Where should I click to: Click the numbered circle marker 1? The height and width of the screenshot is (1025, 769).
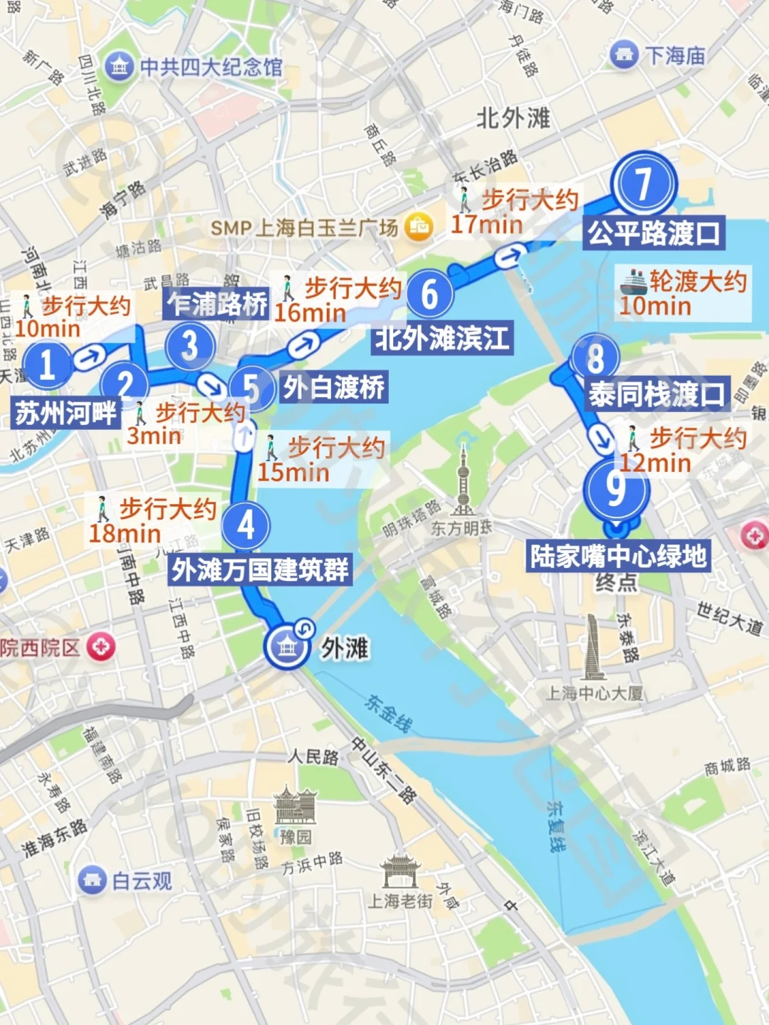(x=47, y=364)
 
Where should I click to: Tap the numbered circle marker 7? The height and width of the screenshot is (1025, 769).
(x=644, y=184)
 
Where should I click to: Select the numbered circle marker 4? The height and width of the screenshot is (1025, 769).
(x=246, y=525)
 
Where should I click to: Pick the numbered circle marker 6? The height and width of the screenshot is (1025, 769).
(x=429, y=294)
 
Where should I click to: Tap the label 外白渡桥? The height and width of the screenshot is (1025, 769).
(x=334, y=388)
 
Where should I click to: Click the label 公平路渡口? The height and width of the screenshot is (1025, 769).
(x=654, y=233)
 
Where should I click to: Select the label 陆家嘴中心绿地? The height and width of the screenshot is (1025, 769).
(x=618, y=556)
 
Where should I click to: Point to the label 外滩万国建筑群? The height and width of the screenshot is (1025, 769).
(x=261, y=570)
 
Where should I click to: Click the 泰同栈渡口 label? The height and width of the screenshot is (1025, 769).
(x=656, y=394)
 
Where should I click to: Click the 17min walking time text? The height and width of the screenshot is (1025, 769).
(x=486, y=225)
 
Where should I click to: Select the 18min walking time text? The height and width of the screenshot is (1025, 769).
(x=125, y=533)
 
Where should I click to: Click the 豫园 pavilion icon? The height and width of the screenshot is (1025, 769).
(x=295, y=806)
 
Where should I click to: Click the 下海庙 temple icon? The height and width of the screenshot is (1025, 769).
(x=624, y=55)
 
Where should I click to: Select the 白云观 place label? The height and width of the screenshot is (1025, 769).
(x=142, y=881)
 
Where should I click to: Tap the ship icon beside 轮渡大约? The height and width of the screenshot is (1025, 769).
(x=632, y=282)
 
